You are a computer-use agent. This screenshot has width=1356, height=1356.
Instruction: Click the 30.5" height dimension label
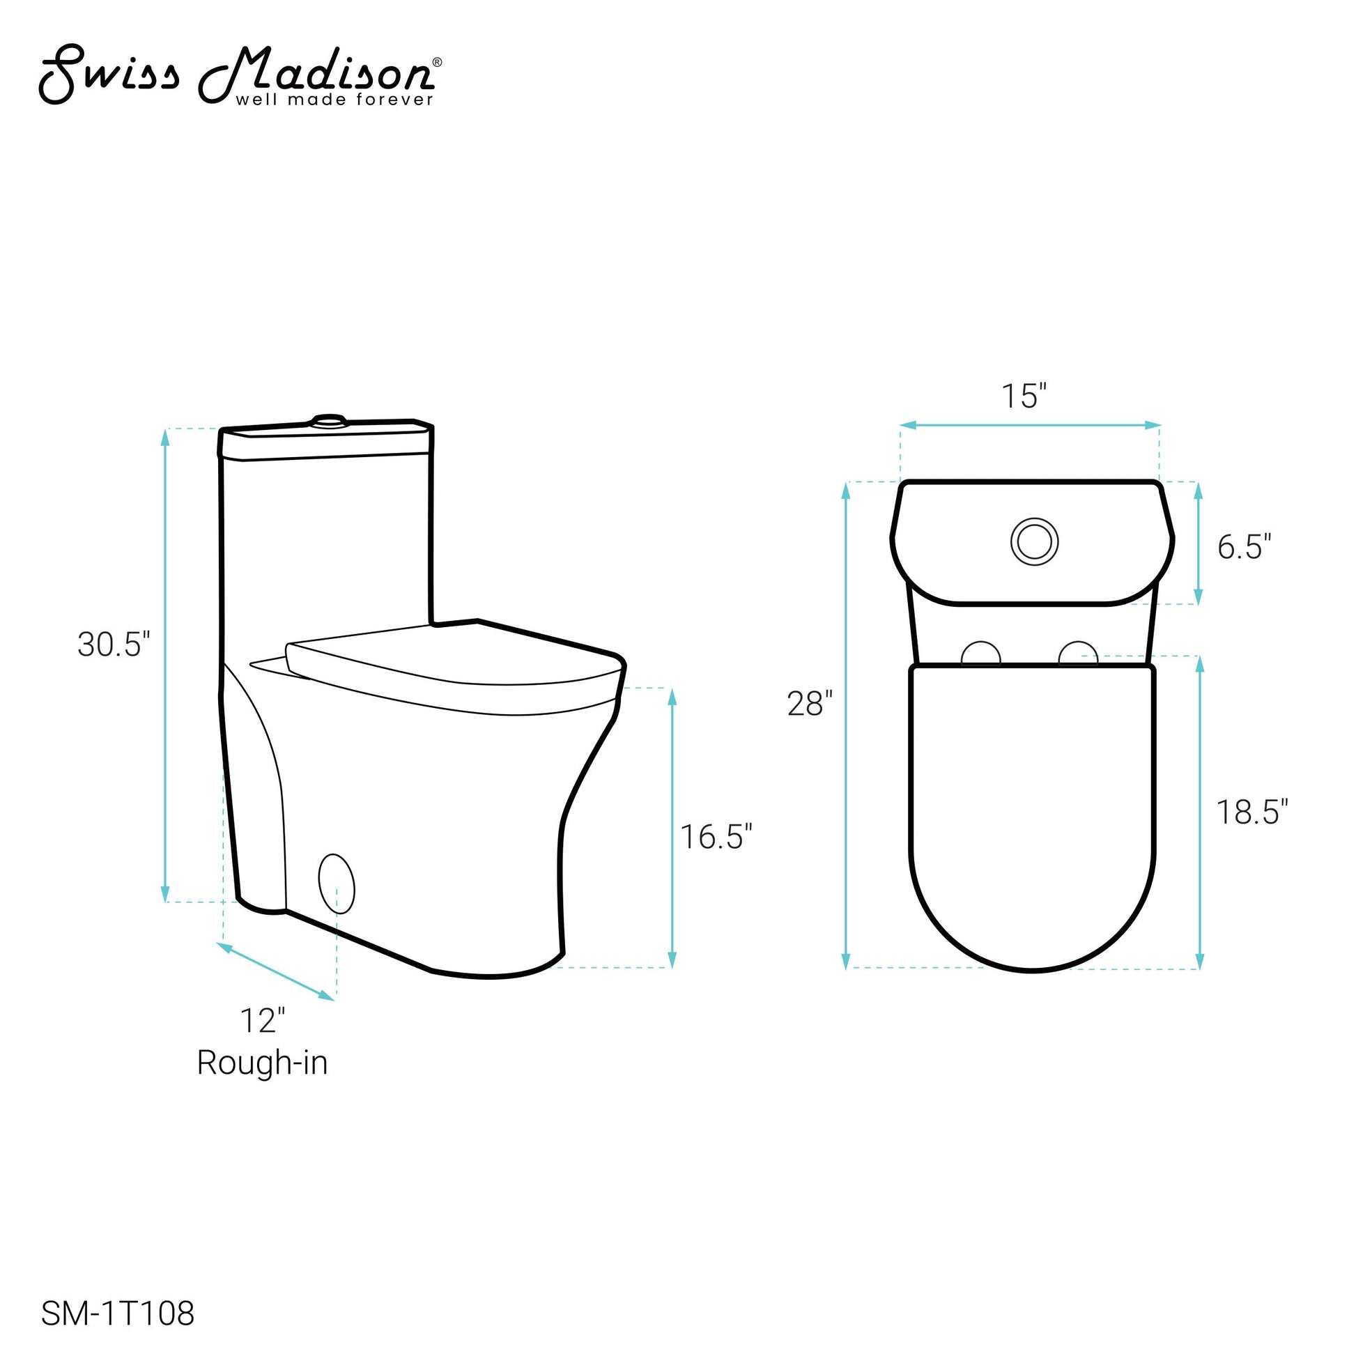coord(114,645)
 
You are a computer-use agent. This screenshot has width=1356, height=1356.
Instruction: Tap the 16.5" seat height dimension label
coord(716,837)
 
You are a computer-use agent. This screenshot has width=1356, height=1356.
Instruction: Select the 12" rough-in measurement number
coord(263,1022)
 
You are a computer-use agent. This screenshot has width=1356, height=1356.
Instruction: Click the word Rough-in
coord(263,1063)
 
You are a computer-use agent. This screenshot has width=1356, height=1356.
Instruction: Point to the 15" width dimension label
coord(1024,396)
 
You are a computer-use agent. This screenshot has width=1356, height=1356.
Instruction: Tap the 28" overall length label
coord(810,704)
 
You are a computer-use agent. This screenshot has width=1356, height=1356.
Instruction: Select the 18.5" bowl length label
coord(1252,812)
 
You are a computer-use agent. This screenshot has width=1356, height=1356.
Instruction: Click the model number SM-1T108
coord(118,1314)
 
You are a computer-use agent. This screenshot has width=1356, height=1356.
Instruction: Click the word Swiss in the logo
coord(109,75)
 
